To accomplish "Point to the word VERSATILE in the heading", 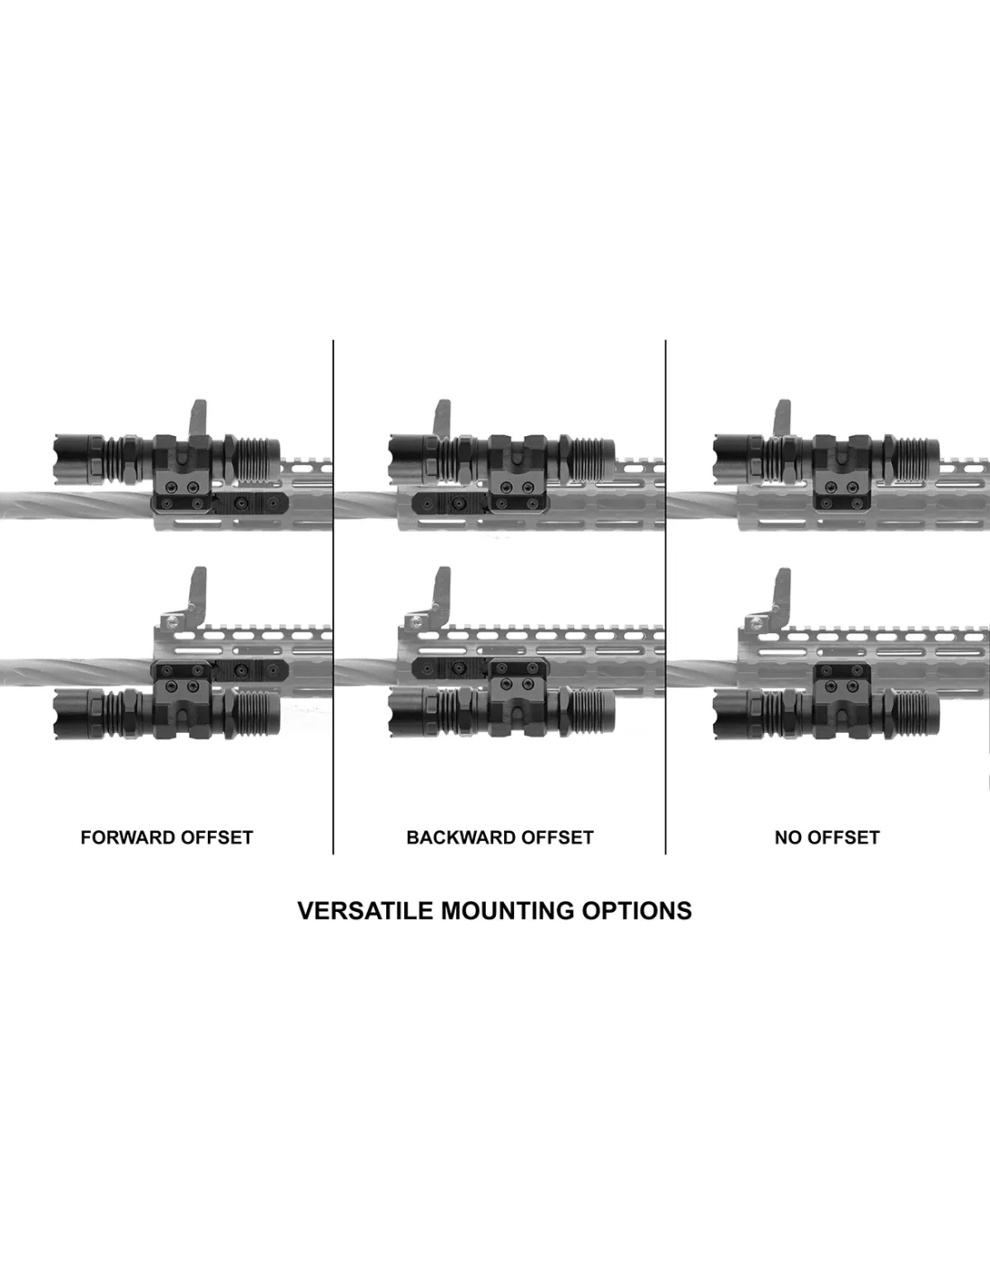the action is tap(365, 910).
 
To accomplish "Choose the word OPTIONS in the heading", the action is tap(637, 910).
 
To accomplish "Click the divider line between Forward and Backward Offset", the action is tap(333, 597).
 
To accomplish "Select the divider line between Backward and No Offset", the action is tap(665, 597).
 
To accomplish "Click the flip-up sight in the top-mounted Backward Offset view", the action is tap(442, 419).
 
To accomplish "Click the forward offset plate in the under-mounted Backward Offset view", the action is tap(451, 667).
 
